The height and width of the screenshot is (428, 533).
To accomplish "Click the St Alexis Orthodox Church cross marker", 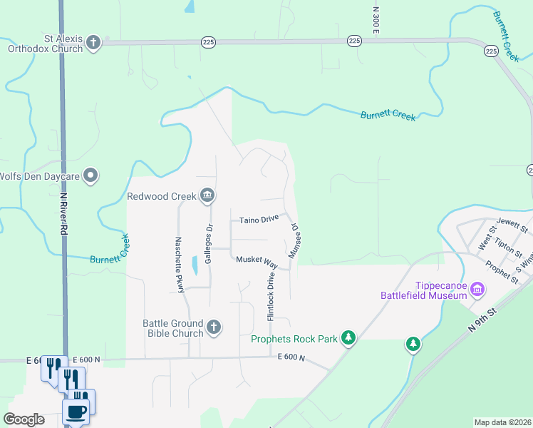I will [x=93, y=43].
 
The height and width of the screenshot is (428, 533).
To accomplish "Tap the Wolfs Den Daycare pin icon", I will [x=90, y=175].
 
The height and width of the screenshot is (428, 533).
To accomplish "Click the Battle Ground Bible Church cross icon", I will [x=213, y=328].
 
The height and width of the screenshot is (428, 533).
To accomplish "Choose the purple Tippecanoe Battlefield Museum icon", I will [x=477, y=289].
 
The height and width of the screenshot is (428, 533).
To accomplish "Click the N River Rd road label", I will [x=63, y=214].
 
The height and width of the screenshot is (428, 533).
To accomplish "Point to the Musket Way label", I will [x=257, y=261].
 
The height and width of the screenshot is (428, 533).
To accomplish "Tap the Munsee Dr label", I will [x=293, y=240].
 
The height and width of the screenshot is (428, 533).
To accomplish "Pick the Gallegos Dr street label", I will [x=209, y=244].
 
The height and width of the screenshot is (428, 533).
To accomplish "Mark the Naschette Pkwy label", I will [x=180, y=264].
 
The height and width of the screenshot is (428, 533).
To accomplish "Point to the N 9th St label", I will [x=482, y=319].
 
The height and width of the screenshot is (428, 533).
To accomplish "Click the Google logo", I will [x=24, y=419].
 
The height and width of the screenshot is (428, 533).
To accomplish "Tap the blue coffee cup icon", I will [x=76, y=411].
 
